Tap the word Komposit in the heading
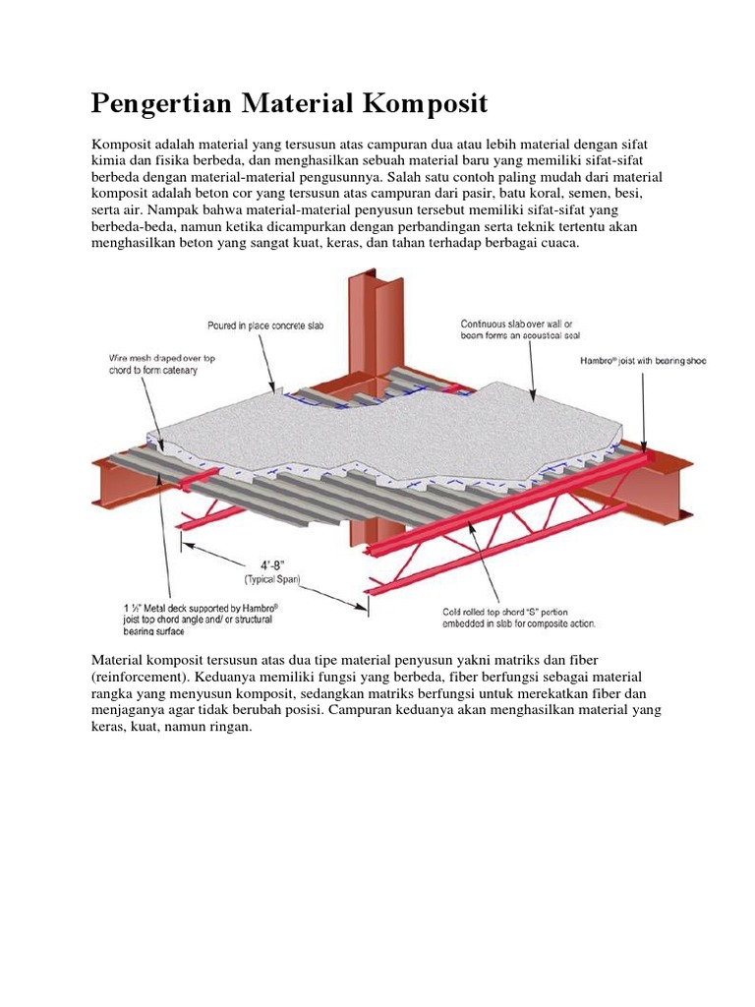tap(428, 103)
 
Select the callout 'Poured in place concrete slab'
tap(264, 325)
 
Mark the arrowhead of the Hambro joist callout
tap(645, 449)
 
